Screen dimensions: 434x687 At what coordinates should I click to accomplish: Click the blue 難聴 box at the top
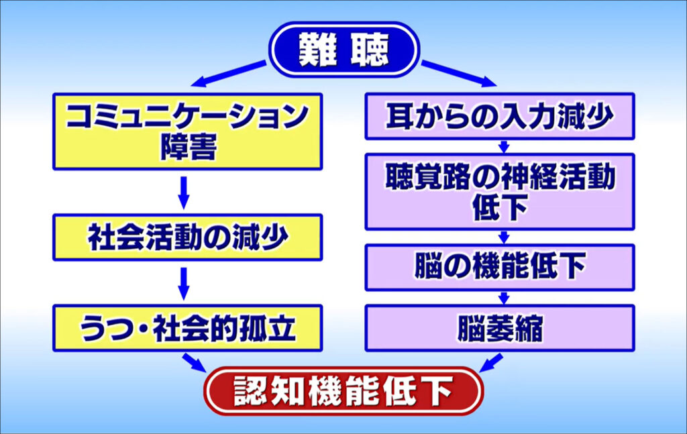pyautogui.click(x=343, y=50)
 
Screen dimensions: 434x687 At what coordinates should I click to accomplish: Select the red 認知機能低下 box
pyautogui.click(x=343, y=390)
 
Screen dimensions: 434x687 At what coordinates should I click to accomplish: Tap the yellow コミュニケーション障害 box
pyautogui.click(x=187, y=131)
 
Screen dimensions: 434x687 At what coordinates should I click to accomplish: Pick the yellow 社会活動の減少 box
pyautogui.click(x=187, y=237)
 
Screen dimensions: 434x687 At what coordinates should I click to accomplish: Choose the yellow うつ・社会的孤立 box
pyautogui.click(x=187, y=328)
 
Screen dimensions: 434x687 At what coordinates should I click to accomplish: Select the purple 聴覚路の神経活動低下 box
pyautogui.click(x=499, y=191)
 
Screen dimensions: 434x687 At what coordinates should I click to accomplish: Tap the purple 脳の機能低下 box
pyautogui.click(x=499, y=268)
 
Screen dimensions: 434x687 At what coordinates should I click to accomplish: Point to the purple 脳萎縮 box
pyautogui.click(x=499, y=328)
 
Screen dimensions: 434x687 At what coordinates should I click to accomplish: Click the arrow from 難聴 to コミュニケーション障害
pyautogui.click(x=228, y=74)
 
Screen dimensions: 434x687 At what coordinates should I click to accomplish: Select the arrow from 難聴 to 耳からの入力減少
pyautogui.click(x=459, y=74)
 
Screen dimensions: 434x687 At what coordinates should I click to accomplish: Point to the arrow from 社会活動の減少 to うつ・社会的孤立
pyautogui.click(x=184, y=283)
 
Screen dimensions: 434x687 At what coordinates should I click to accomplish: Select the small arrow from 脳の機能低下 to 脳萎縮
pyautogui.click(x=504, y=297)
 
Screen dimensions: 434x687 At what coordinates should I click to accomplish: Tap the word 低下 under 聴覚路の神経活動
pyautogui.click(x=499, y=209)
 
